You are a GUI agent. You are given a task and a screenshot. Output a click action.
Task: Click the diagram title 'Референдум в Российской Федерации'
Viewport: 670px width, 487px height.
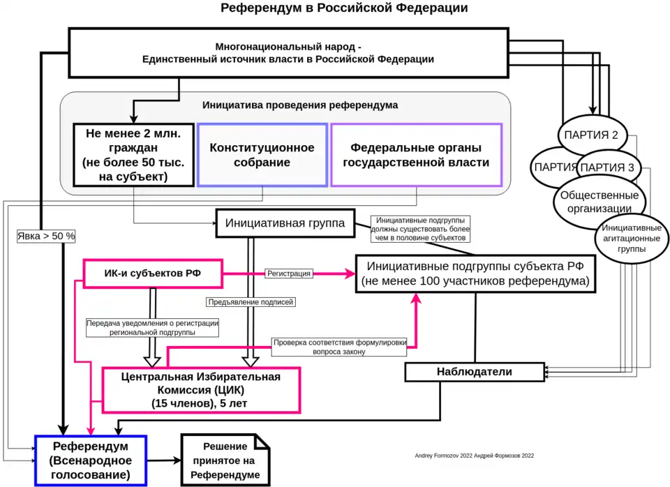[x=344, y=8]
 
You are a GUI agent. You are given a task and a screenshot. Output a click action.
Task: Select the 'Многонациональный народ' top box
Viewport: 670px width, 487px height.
[x=288, y=53]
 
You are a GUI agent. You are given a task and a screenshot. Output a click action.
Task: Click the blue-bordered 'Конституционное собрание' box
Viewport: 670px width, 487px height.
[x=262, y=155]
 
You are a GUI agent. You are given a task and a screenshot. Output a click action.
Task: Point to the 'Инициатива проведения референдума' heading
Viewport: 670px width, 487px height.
[x=300, y=105]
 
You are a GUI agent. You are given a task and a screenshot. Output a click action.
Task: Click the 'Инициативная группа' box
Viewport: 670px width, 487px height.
[x=284, y=224]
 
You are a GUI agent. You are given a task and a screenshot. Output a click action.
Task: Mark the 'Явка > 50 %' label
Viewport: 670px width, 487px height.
[x=46, y=236]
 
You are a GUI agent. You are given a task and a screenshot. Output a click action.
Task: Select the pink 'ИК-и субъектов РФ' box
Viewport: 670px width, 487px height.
[x=153, y=274]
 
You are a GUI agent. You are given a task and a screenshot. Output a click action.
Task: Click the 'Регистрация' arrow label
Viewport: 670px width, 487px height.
[x=288, y=274]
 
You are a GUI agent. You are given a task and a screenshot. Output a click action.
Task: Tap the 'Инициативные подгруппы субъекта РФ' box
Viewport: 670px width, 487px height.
[x=475, y=274]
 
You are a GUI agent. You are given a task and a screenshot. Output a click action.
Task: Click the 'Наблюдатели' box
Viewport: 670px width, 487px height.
[x=474, y=372]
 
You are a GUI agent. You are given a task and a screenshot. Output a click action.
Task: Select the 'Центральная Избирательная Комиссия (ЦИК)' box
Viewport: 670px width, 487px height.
[x=201, y=390]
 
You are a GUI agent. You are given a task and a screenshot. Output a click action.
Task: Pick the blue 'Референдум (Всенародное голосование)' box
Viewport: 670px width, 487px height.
[x=91, y=460]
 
